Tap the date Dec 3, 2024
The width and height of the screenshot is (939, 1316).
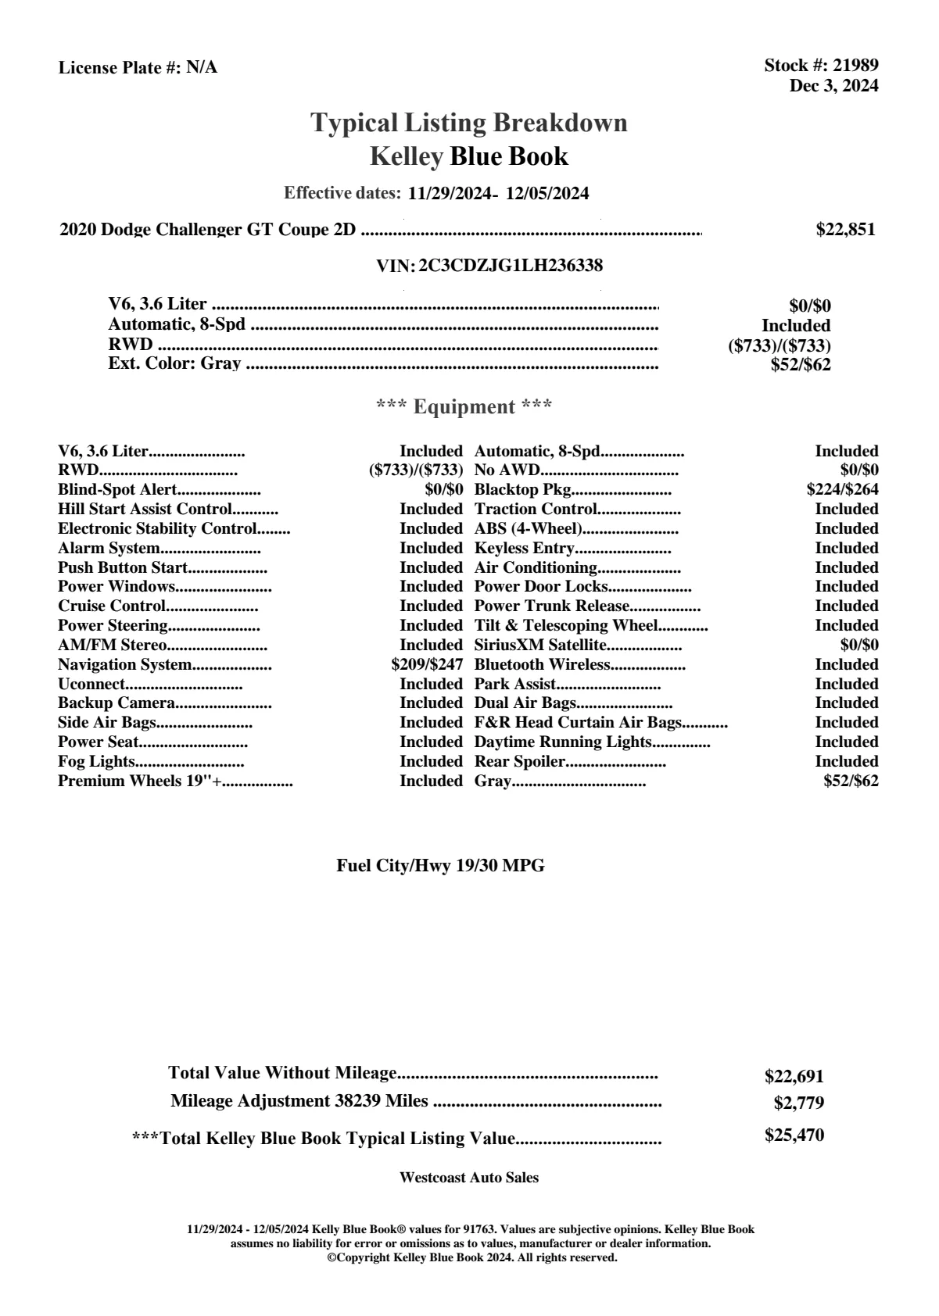tap(833, 86)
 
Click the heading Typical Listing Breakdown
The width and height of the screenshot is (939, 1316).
tap(469, 123)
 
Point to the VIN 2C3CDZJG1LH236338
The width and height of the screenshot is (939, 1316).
tap(511, 266)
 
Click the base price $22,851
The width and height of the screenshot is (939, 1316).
tap(845, 230)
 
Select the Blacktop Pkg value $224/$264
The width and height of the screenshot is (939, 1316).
tap(842, 490)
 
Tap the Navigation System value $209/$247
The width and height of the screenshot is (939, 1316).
tap(427, 665)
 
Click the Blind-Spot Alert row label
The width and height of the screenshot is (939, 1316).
tap(117, 490)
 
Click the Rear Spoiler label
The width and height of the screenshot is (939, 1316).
tap(520, 762)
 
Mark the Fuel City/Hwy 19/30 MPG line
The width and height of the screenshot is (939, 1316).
tap(440, 866)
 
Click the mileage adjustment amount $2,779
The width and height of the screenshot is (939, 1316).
tap(798, 1103)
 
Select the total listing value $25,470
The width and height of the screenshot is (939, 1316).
tap(794, 1135)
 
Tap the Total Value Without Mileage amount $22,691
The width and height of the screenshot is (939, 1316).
tap(794, 1077)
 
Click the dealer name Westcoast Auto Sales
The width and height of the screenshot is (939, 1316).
tap(468, 1178)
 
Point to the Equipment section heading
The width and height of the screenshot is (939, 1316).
tap(464, 407)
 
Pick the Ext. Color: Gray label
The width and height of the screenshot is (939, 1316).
tap(174, 363)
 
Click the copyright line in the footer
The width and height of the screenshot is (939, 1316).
tap(471, 1258)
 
